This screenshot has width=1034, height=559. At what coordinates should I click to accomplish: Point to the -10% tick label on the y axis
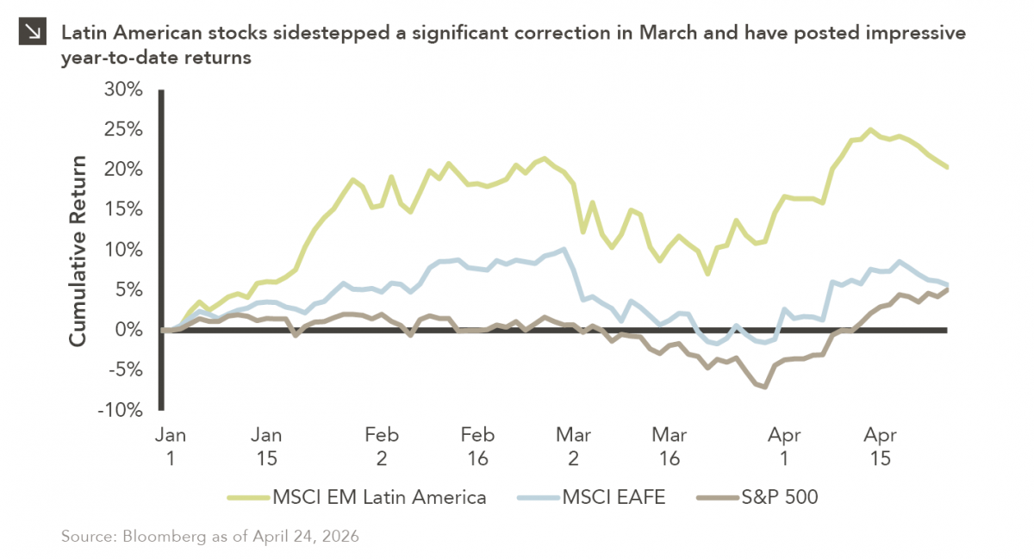click(121, 411)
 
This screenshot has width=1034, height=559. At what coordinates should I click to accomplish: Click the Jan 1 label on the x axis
click(171, 446)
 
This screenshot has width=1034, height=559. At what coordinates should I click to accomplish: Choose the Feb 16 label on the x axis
click(477, 446)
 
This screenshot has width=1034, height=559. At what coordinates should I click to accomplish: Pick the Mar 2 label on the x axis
click(574, 446)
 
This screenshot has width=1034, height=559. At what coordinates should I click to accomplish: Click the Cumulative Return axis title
click(78, 251)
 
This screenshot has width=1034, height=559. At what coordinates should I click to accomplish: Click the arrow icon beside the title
click(33, 33)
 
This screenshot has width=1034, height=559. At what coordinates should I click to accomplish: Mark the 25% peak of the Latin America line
click(870, 130)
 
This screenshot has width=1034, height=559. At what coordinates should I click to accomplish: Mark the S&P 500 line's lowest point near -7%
click(764, 387)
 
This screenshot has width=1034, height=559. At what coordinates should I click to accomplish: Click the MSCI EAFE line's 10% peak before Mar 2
click(564, 250)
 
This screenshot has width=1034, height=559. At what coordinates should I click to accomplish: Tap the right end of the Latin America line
click(947, 167)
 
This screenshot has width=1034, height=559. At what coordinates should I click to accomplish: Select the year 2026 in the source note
click(339, 537)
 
